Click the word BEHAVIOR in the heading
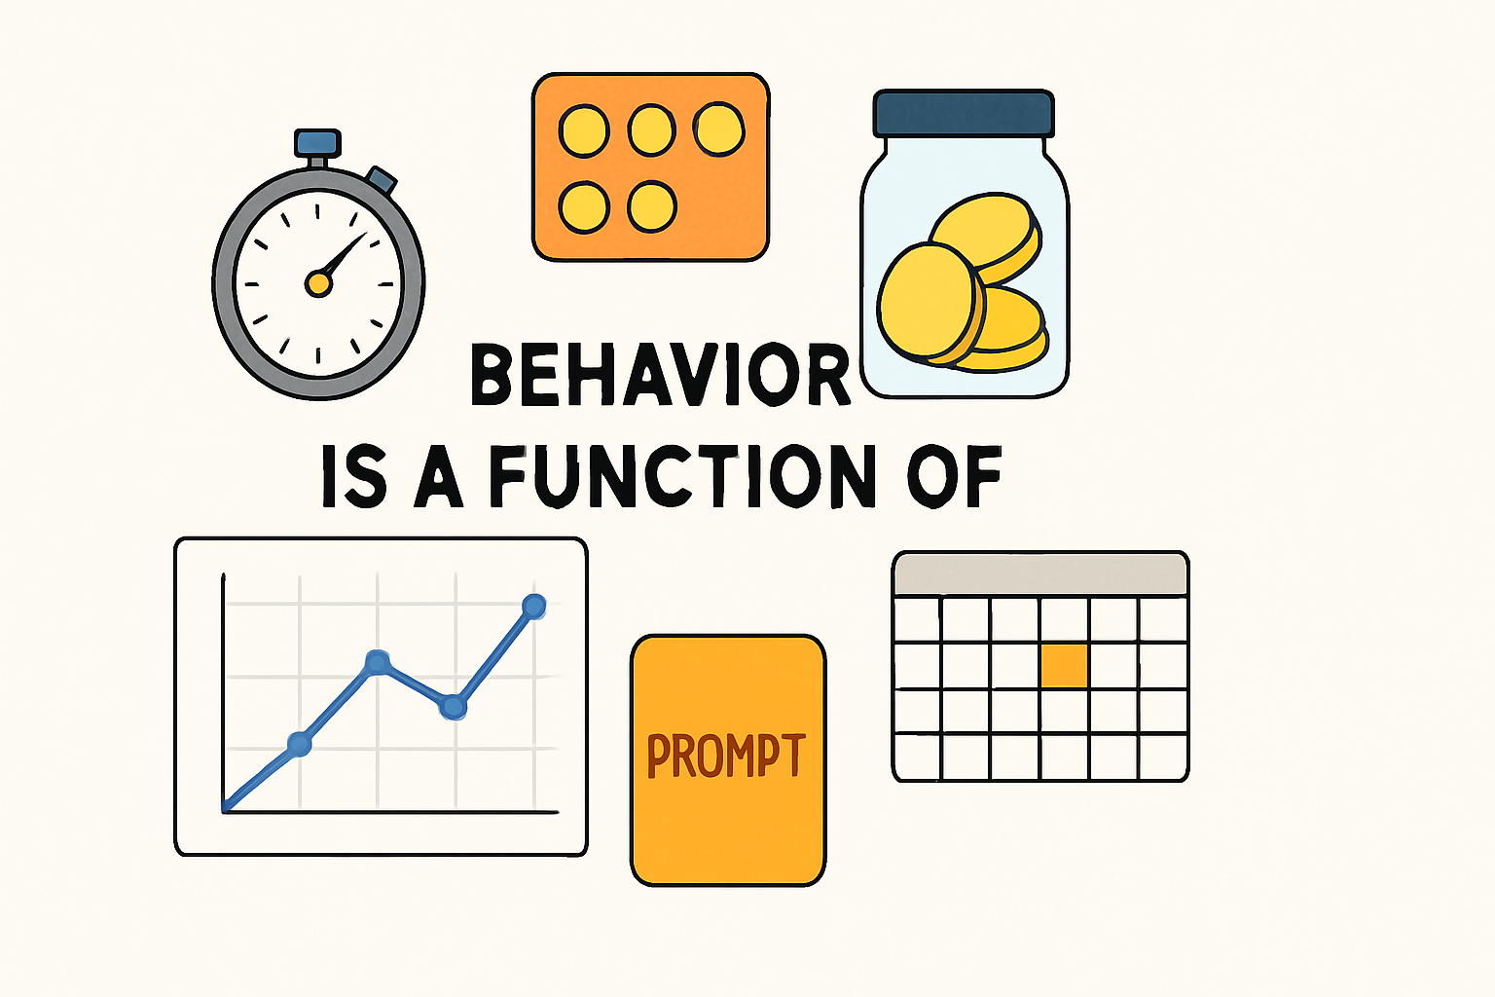coord(660,375)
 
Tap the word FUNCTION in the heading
coord(676,477)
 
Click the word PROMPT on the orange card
coord(726,757)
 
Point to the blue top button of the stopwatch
coord(317,143)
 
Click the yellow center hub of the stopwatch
coord(318,283)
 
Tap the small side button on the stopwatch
coord(382,180)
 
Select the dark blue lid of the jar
coord(964,113)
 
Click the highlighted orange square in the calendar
coord(1064,666)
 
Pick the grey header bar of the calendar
coord(1040,574)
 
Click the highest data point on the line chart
coord(533,606)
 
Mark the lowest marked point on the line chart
coord(300,745)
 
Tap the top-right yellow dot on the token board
coord(718,129)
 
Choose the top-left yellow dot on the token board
coord(584,131)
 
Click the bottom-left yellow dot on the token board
coord(584,206)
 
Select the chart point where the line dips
coord(453,707)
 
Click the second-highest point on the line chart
coord(378,662)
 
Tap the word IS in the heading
coord(353,477)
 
